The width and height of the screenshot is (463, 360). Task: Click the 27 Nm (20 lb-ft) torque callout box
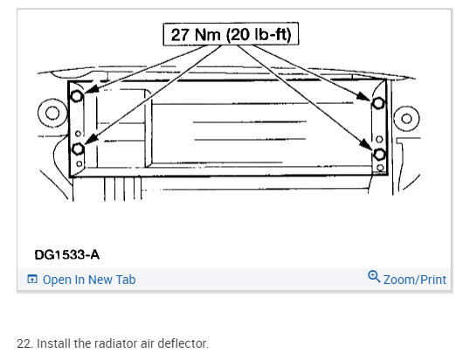click(231, 34)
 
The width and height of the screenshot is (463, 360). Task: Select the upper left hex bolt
click(77, 96)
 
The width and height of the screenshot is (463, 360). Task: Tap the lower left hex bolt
click(78, 149)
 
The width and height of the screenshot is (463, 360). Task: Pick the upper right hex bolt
click(378, 103)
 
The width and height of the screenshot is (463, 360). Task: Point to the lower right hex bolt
click(379, 155)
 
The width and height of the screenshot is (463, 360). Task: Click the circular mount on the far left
click(52, 113)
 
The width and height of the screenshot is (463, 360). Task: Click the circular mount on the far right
click(406, 119)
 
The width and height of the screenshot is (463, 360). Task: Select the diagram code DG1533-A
click(67, 254)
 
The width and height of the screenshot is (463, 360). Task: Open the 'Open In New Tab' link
click(89, 280)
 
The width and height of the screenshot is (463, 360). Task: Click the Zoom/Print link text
click(415, 280)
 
